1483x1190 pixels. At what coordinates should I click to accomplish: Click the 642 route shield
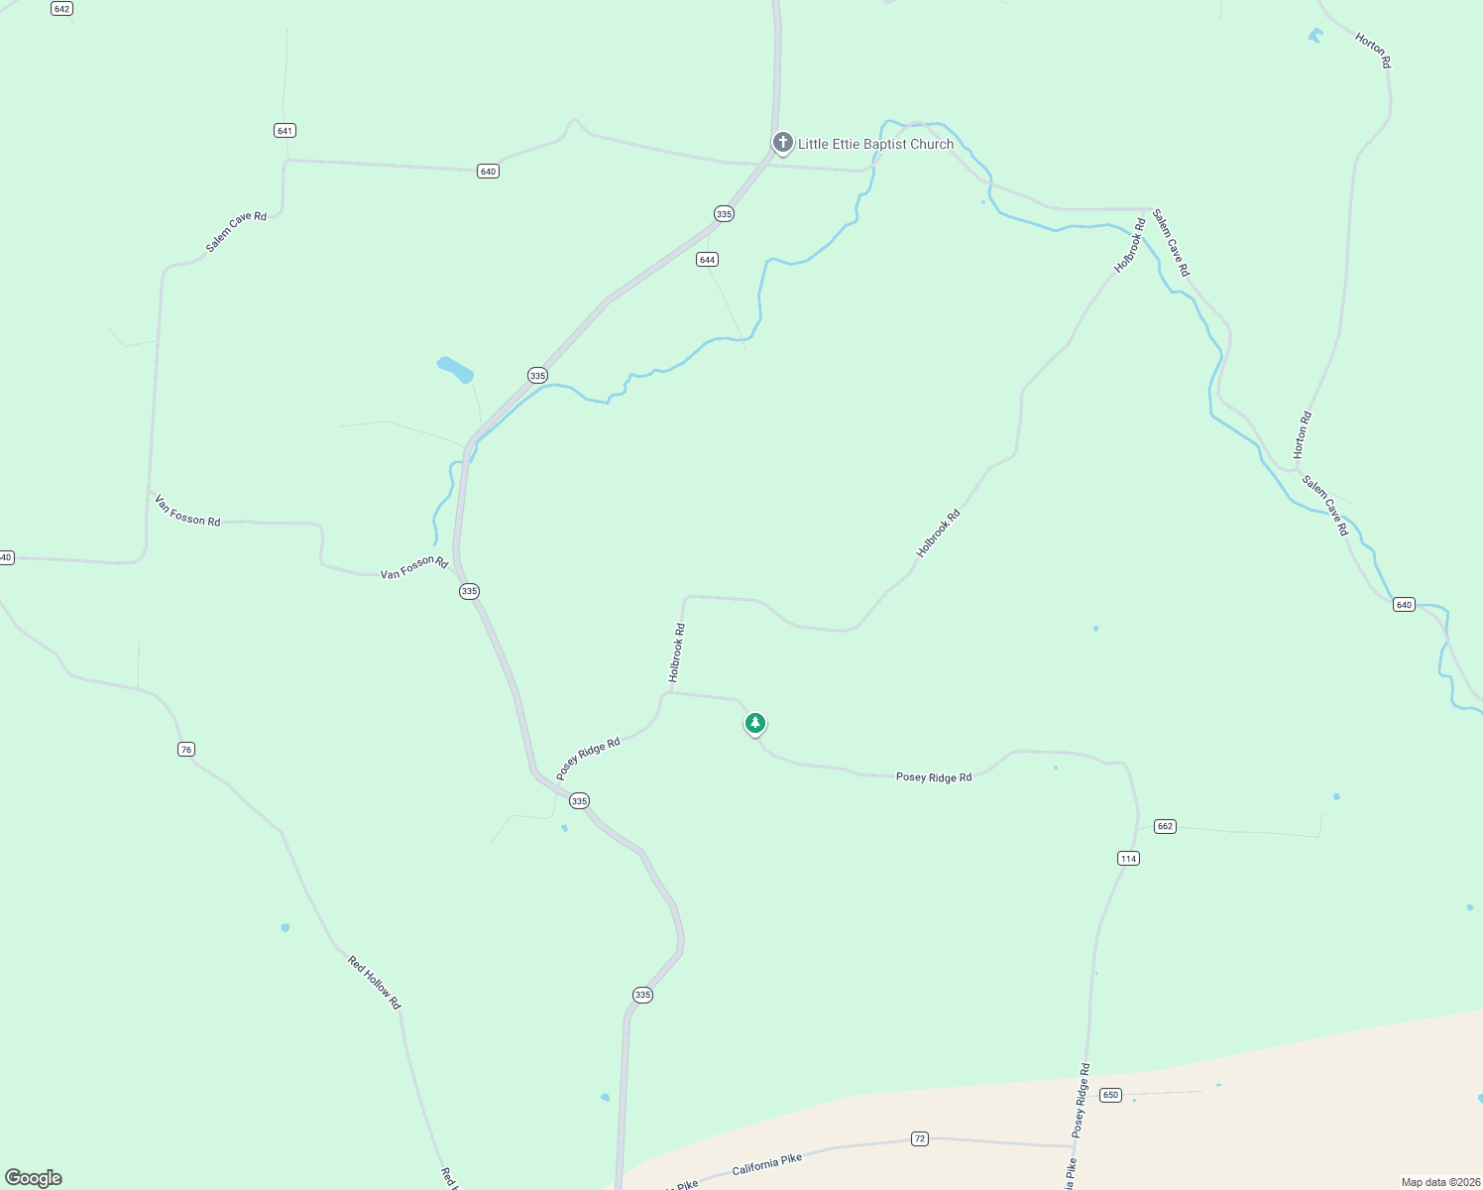pyautogui.click(x=61, y=9)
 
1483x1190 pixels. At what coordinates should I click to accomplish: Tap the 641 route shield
pyautogui.click(x=285, y=131)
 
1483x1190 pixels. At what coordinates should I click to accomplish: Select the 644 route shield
pyautogui.click(x=707, y=260)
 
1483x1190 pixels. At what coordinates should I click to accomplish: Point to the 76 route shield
pyautogui.click(x=186, y=750)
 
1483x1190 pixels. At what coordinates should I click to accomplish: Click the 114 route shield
pyautogui.click(x=1128, y=859)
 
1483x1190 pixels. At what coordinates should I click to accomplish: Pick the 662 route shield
pyautogui.click(x=1165, y=827)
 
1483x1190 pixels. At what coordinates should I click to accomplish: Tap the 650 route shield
pyautogui.click(x=1110, y=1096)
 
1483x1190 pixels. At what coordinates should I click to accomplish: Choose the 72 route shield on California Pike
pyautogui.click(x=920, y=1139)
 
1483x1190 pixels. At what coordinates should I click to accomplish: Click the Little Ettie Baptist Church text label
pyautogui.click(x=875, y=145)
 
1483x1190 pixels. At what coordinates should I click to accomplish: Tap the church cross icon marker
pyautogui.click(x=782, y=143)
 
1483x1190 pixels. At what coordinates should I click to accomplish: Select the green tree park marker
pyautogui.click(x=755, y=723)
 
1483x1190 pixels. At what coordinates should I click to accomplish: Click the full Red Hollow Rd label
pyautogui.click(x=374, y=982)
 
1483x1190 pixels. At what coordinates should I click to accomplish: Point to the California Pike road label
pyautogui.click(x=766, y=1165)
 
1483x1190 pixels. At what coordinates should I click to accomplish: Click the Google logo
pyautogui.click(x=33, y=1178)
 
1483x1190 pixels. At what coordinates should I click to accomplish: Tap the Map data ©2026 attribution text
pyautogui.click(x=1440, y=1182)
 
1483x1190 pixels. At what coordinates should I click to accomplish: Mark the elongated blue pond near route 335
pyautogui.click(x=455, y=369)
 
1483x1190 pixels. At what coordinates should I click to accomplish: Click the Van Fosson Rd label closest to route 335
pyautogui.click(x=414, y=567)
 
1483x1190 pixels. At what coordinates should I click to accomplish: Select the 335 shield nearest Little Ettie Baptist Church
pyautogui.click(x=724, y=214)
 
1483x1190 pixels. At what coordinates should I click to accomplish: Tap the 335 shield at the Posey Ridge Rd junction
pyautogui.click(x=580, y=801)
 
